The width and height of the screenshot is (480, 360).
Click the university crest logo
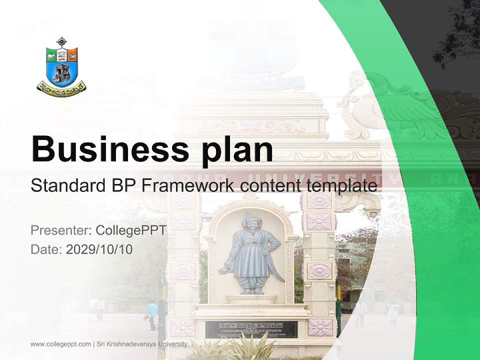(61, 65)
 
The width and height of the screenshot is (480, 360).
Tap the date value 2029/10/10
(99, 249)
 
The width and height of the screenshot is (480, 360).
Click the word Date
(46, 249)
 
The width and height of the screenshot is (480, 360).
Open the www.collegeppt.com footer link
(60, 344)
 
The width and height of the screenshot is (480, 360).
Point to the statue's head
(249, 220)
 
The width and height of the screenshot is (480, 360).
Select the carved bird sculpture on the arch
(380, 100)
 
